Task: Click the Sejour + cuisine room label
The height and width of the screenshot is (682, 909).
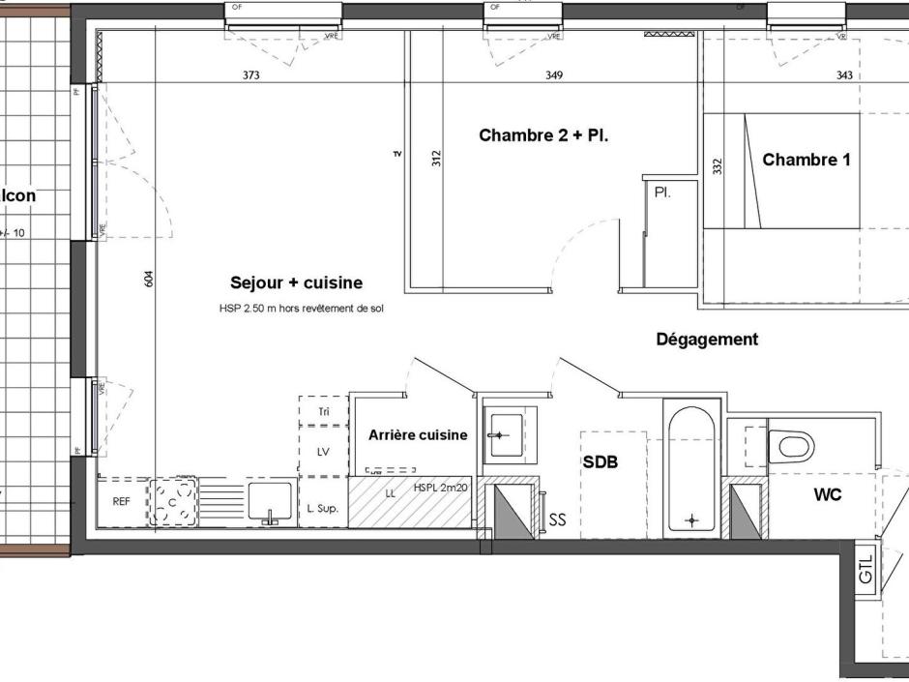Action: click(x=296, y=283)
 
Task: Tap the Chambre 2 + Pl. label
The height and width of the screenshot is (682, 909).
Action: click(x=543, y=136)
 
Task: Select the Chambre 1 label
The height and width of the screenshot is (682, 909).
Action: click(x=806, y=161)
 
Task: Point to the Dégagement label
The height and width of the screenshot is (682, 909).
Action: click(x=707, y=340)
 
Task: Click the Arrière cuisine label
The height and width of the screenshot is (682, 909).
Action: click(x=418, y=435)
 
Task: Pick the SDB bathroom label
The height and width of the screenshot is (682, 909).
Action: click(x=600, y=463)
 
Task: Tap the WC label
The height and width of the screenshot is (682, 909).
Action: click(x=828, y=495)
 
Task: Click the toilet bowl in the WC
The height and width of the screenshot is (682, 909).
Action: click(x=794, y=446)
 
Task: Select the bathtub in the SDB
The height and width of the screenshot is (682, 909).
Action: click(x=689, y=471)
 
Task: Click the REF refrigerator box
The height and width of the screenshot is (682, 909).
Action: click(x=122, y=502)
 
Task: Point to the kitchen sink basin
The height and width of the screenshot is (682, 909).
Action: click(x=270, y=501)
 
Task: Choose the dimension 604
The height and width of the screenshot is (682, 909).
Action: click(x=148, y=279)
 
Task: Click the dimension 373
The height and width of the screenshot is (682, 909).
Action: click(x=250, y=75)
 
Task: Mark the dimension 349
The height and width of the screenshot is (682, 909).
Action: click(x=554, y=75)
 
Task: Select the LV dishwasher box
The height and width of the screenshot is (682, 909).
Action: click(x=324, y=453)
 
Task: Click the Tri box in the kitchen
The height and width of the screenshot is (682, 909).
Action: click(x=324, y=412)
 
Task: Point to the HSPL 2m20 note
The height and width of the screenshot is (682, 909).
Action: click(x=440, y=488)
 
